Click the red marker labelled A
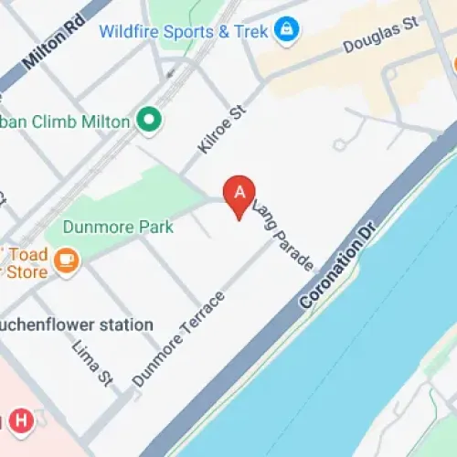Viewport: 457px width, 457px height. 239,193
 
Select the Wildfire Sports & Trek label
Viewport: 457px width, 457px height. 184,32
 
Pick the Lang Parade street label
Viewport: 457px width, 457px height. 283,235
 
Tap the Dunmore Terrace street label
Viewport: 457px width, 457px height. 178,339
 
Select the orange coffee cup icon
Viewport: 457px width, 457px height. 66,261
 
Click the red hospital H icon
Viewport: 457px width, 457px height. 20,421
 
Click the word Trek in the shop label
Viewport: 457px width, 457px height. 251,32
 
